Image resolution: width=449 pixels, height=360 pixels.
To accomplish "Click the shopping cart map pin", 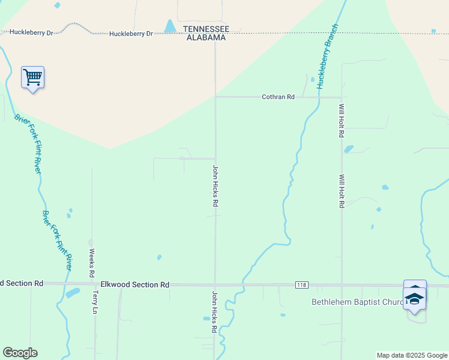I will (32, 77).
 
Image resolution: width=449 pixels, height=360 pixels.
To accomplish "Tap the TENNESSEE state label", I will (206, 29).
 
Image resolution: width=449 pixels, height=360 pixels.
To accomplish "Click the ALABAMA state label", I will (206, 37).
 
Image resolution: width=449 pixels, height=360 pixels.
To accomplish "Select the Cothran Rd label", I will (278, 97).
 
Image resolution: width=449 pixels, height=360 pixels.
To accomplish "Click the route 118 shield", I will (301, 284).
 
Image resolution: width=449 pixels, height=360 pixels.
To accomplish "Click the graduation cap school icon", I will (415, 298).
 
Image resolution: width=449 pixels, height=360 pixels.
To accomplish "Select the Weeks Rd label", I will (92, 262).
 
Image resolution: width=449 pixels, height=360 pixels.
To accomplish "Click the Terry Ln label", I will (95, 303).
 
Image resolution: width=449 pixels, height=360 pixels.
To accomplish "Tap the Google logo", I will (20, 353).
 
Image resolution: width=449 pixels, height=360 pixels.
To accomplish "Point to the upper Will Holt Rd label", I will (341, 121).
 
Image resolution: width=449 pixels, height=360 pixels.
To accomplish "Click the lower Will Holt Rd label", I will (341, 191).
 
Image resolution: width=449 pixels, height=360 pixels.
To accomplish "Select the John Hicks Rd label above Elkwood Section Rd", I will (215, 186).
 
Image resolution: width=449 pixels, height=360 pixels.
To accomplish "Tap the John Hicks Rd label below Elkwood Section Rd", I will (214, 312).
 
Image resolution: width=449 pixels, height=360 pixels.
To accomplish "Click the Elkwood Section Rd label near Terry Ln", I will (135, 284).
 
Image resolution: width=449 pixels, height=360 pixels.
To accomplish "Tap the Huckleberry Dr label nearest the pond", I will (131, 34).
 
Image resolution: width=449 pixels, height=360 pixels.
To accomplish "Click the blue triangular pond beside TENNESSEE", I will (170, 26).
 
